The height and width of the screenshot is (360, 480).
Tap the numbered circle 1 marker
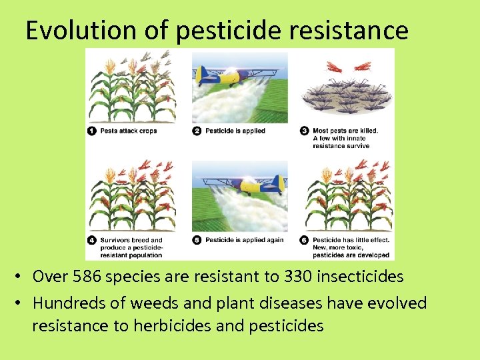tap(92, 131)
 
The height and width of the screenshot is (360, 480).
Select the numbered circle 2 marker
tap(197, 131)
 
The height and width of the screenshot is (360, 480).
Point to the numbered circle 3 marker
tap(304, 131)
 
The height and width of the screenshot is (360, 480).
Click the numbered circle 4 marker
tap(92, 240)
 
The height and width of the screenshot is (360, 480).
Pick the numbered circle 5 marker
tap(197, 240)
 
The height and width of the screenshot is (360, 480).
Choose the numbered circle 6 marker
tap(304, 240)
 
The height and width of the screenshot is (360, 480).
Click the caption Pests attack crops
tap(129, 131)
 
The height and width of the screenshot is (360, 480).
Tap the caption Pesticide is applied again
tap(244, 240)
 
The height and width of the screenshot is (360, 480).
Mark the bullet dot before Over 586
tap(21, 277)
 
